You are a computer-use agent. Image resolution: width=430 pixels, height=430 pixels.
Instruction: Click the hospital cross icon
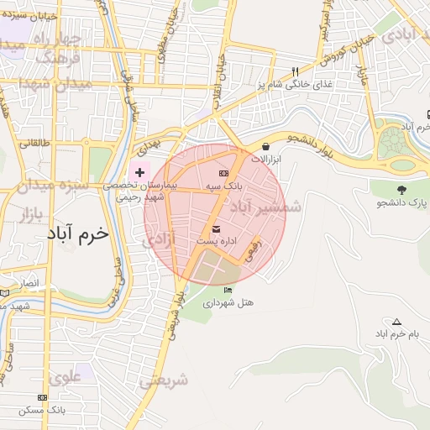click(139, 171)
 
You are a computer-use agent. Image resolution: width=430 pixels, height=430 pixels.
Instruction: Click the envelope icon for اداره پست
click(217, 228)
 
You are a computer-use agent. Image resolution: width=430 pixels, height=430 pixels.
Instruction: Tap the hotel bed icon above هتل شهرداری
click(228, 291)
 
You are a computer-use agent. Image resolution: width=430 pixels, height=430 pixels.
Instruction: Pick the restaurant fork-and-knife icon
click(294, 71)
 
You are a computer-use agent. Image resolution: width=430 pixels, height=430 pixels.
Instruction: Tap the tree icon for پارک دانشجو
click(401, 189)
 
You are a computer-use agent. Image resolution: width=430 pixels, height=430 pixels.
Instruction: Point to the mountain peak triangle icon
click(396, 322)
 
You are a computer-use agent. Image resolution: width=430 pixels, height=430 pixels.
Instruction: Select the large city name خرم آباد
click(76, 233)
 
